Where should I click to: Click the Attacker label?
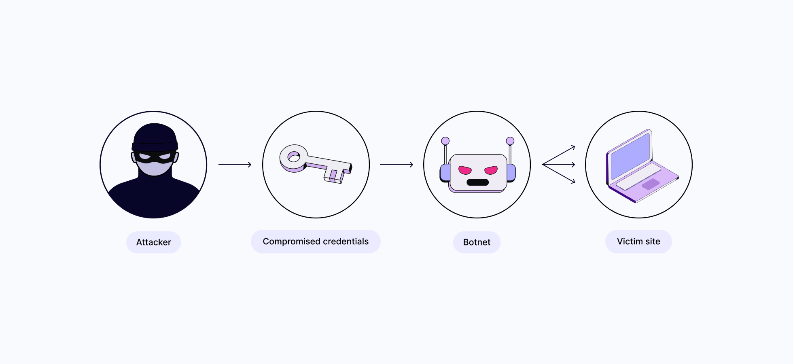153,242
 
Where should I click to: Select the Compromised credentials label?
316,241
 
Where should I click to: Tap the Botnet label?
477,242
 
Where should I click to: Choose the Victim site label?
638,241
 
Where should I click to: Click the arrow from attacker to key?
235,165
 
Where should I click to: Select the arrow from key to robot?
397,165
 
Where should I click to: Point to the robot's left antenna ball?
445,141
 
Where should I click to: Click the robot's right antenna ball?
510,141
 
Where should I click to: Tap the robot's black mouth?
477,182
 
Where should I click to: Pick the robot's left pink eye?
465,170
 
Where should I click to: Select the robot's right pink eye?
491,170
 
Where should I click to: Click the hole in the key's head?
293,156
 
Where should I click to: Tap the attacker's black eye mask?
155,157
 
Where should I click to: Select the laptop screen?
630,156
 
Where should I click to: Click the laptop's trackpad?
651,184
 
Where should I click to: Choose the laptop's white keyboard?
638,177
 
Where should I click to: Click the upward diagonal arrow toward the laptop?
559,155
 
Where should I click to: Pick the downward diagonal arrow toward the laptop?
559,174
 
